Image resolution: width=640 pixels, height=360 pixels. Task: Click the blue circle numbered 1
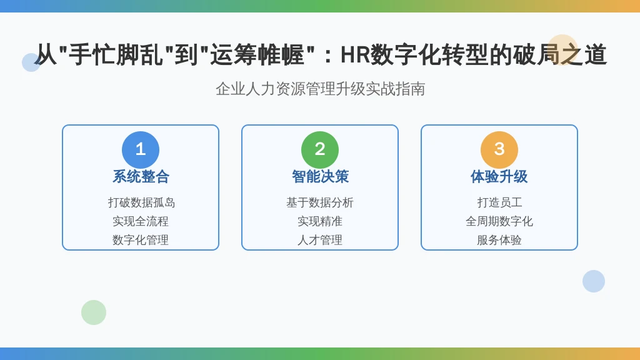tap(141, 150)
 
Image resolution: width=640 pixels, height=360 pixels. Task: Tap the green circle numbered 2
tap(320, 150)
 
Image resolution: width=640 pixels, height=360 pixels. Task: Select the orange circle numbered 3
tap(499, 150)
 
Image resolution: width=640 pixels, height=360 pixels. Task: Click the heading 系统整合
tap(141, 177)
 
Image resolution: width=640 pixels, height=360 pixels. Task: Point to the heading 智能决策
tap(320, 177)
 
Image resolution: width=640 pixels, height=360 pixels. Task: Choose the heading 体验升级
tap(499, 177)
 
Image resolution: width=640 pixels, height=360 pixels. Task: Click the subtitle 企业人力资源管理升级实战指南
tap(321, 89)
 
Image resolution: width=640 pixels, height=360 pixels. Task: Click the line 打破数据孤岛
tap(141, 202)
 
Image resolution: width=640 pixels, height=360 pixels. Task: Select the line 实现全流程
tap(141, 221)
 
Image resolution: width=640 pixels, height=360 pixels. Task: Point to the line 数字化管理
tap(141, 240)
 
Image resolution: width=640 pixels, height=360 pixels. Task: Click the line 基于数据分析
tap(320, 202)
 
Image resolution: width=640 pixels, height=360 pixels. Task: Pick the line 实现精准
tap(320, 221)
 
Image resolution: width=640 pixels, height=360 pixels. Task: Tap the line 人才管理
tap(320, 240)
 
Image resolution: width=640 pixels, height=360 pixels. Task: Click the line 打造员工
tap(499, 202)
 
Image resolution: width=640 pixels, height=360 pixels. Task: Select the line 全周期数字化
tap(499, 221)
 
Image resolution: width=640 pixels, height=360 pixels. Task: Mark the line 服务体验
tap(499, 240)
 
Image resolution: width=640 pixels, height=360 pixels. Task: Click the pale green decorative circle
tap(94, 312)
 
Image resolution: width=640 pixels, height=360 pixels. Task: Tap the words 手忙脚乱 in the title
tap(116, 55)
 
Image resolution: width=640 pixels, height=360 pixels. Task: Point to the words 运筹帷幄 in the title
tap(257, 55)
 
